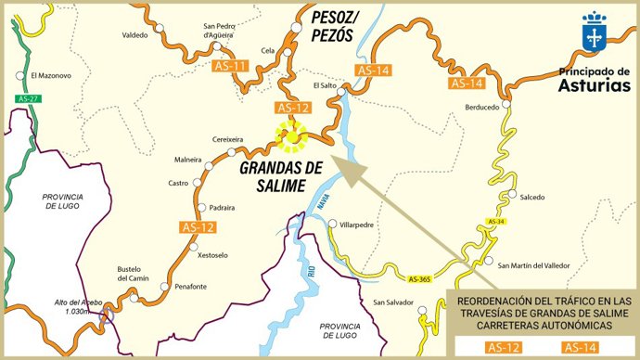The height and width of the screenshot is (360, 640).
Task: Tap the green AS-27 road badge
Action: click(30, 98)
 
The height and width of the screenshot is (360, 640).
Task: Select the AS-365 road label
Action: click(420, 277)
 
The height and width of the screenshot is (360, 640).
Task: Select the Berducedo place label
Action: click(481, 108)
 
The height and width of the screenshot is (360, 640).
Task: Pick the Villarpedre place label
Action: click(358, 225)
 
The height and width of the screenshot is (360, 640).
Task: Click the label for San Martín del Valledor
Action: click(535, 266)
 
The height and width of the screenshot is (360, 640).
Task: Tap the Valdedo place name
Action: click(135, 35)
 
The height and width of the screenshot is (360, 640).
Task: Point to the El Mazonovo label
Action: click(50, 75)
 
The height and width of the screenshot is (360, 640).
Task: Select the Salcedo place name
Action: click(532, 197)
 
